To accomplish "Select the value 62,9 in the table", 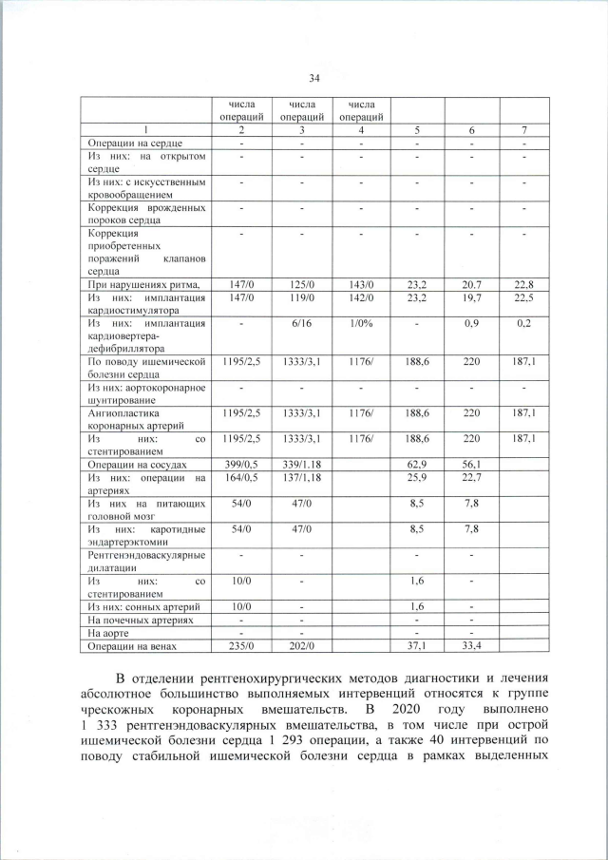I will point(418,466).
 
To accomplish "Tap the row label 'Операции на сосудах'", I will point(135,466).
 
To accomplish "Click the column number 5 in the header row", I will point(418,128).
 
